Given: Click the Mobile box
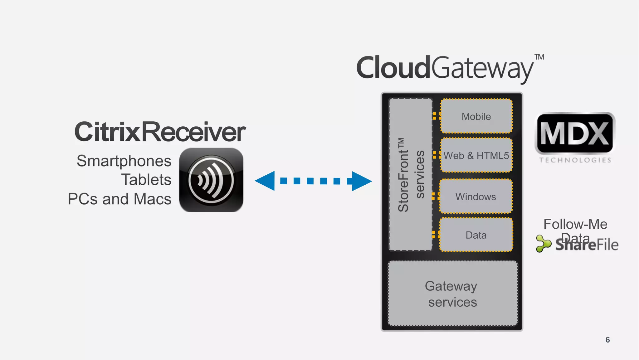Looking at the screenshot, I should (x=476, y=116).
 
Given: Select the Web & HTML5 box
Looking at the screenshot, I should (x=476, y=155).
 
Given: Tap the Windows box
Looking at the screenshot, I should (x=476, y=197).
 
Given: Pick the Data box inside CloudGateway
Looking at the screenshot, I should (x=476, y=235).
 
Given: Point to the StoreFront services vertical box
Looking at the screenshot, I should (x=411, y=175).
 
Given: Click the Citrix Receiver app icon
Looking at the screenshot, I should (x=211, y=180).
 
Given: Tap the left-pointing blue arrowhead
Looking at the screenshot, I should (x=266, y=181).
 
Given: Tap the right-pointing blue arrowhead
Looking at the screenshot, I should (x=361, y=181).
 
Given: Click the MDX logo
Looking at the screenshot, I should (x=575, y=134).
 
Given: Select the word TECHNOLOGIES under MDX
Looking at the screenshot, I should (x=575, y=160).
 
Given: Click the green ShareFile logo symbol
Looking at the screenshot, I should (x=543, y=244).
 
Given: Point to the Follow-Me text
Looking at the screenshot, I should (x=575, y=224).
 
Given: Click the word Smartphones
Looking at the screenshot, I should (x=124, y=161).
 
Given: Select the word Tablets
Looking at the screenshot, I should (x=146, y=180).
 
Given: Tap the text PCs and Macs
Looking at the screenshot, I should (x=120, y=199).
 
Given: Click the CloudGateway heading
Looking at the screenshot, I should (x=445, y=68).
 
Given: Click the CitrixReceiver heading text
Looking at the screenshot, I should (x=160, y=132).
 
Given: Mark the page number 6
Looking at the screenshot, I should (x=607, y=340).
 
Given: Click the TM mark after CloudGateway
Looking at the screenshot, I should (x=539, y=57).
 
